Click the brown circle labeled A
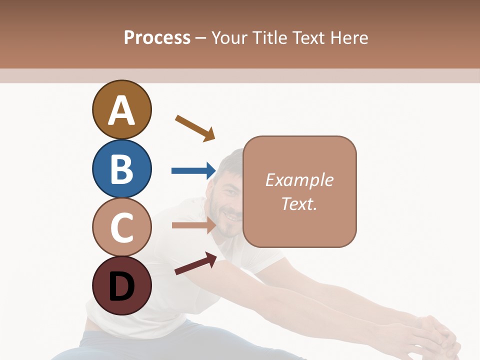(x=121, y=109)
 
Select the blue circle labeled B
(x=121, y=168)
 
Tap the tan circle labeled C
(x=121, y=227)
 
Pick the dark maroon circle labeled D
(x=121, y=285)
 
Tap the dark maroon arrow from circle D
(x=195, y=263)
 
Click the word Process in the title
(x=157, y=37)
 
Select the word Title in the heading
(x=270, y=37)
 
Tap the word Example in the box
(x=299, y=179)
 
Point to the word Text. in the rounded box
(x=299, y=203)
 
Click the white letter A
(x=121, y=110)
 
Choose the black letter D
(x=121, y=286)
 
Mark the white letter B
(x=121, y=169)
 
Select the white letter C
(x=121, y=227)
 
